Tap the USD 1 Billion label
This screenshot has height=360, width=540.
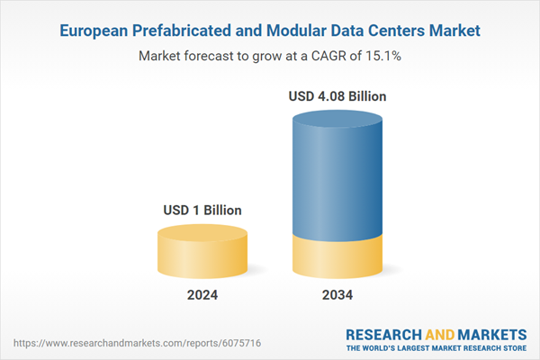[x=202, y=211]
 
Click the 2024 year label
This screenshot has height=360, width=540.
[x=202, y=295]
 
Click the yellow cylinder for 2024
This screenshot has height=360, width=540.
[x=202, y=256]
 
